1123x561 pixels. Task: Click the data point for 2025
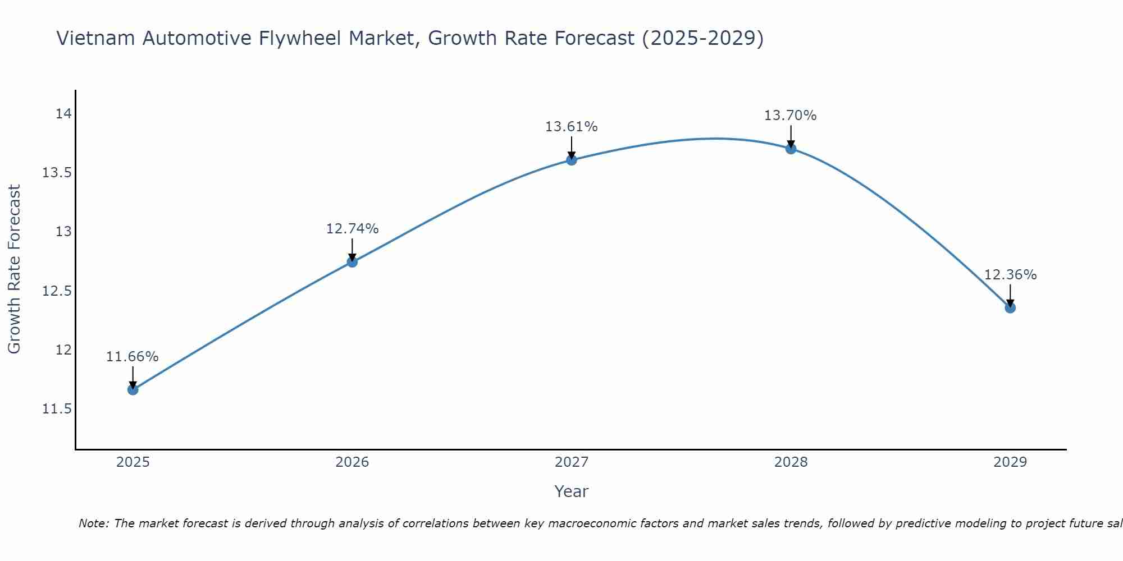pyautogui.click(x=133, y=389)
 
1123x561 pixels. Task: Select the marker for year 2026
pyautogui.click(x=352, y=262)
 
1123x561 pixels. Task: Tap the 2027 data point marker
pyautogui.click(x=572, y=160)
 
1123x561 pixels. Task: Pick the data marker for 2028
pyautogui.click(x=791, y=149)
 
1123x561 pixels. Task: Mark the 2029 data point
pyautogui.click(x=1010, y=307)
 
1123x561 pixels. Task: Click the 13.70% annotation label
pyautogui.click(x=790, y=116)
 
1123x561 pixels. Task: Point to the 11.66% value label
pyautogui.click(x=133, y=357)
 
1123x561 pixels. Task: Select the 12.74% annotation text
pyautogui.click(x=352, y=229)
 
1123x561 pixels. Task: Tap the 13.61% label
pyautogui.click(x=571, y=127)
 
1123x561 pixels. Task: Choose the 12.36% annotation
pyautogui.click(x=1010, y=275)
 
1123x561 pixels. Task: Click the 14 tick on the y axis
pyautogui.click(x=63, y=114)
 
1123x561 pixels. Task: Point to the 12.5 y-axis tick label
pyautogui.click(x=57, y=291)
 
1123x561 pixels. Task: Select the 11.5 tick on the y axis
pyautogui.click(x=57, y=409)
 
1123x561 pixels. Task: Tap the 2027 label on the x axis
pyautogui.click(x=572, y=462)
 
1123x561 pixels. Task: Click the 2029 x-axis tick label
pyautogui.click(x=1010, y=462)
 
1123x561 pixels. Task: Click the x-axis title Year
pyautogui.click(x=571, y=491)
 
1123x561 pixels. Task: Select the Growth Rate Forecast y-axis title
pyautogui.click(x=14, y=269)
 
